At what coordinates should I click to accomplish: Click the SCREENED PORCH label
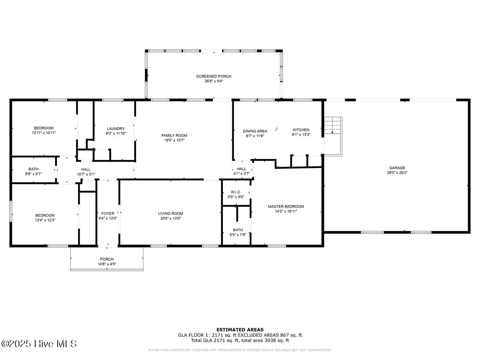[x=214, y=76]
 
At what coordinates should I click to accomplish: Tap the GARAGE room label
[x=397, y=168]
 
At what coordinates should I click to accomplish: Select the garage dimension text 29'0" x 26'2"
[x=397, y=173]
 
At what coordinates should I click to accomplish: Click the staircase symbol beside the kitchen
[x=333, y=136]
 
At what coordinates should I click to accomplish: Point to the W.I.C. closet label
[x=236, y=192]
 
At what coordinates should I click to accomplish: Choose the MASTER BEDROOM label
[x=286, y=206]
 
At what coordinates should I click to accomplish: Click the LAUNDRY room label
[x=116, y=129]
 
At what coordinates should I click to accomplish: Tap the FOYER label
[x=108, y=214]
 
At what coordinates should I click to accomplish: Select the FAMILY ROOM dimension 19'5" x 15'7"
[x=174, y=140]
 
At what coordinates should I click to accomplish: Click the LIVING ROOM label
[x=170, y=214]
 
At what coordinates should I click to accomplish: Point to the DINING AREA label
[x=255, y=131]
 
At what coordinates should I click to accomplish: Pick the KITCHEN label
[x=301, y=130]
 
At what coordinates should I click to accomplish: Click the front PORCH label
[x=107, y=259]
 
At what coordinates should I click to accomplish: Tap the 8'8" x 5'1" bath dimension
[x=33, y=174]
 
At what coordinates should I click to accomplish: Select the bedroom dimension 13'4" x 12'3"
[x=45, y=220]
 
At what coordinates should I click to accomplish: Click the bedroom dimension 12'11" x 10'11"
[x=44, y=133]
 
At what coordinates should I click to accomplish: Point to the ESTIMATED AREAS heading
[x=240, y=330]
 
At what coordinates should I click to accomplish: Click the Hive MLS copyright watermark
[x=39, y=344]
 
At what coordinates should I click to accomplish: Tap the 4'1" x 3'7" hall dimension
[x=242, y=174]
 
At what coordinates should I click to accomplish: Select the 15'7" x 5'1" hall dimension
[x=86, y=174]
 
